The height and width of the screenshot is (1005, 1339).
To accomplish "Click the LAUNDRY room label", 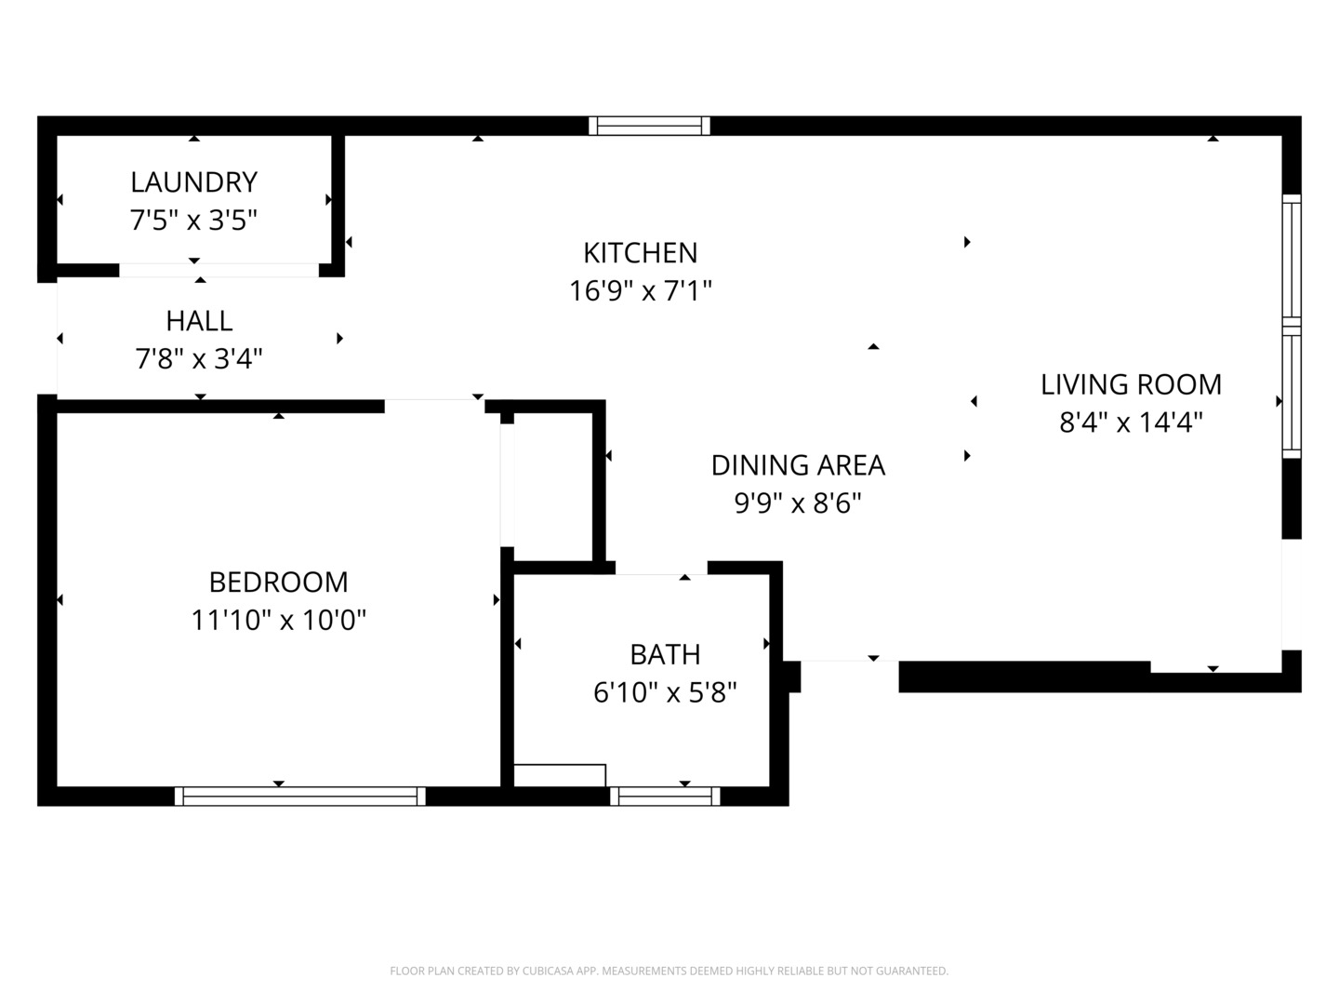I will [193, 181].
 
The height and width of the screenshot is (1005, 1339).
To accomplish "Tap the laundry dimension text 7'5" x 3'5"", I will [193, 221].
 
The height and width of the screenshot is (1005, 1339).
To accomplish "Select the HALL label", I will [199, 321].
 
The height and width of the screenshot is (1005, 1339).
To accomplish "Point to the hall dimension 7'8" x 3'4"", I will [199, 358].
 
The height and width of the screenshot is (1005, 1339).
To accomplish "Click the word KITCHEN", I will [640, 253].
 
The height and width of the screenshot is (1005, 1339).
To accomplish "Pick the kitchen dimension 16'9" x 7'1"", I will [640, 291].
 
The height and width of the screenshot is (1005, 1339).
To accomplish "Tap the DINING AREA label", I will [798, 465].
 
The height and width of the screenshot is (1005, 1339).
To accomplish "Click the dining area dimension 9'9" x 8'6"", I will [798, 503].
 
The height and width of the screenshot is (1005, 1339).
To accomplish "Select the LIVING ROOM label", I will [1131, 384].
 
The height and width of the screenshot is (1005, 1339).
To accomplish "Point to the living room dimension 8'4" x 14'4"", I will [1131, 422].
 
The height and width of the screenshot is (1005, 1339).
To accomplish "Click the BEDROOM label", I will [278, 582].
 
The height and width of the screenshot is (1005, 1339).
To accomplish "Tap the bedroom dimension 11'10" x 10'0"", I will [278, 620].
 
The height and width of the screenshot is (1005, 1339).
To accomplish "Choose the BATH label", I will [665, 654].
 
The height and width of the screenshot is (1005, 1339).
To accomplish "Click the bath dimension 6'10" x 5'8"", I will [665, 692].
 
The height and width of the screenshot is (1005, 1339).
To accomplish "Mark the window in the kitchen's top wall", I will [649, 126].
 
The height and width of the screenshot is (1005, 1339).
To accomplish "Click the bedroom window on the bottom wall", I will [299, 796].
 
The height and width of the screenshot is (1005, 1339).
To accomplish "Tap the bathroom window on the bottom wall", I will [665, 796].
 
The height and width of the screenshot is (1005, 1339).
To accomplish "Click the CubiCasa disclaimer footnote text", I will [669, 971].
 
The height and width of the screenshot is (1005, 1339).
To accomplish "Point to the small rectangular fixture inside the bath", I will [560, 775].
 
